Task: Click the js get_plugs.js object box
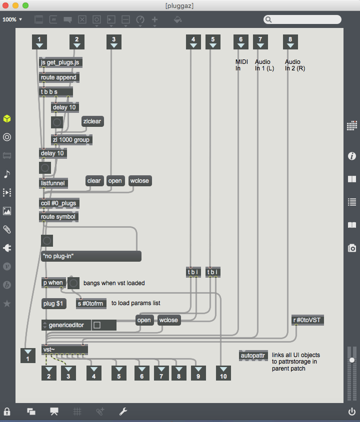tap(61, 62)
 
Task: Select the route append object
tap(59, 77)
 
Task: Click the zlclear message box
tap(92, 121)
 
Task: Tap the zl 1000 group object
tap(71, 140)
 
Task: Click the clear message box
tap(94, 181)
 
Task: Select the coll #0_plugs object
tap(59, 203)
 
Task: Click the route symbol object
tap(59, 216)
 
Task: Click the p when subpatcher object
tap(53, 283)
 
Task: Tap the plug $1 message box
tap(54, 303)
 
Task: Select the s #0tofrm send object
tap(90, 303)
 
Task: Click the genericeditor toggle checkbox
tap(97, 325)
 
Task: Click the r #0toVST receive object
tap(308, 320)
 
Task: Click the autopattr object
tap(254, 356)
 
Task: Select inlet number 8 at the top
tap(290, 42)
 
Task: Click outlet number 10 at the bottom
tap(223, 373)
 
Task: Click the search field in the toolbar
tap(303, 19)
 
